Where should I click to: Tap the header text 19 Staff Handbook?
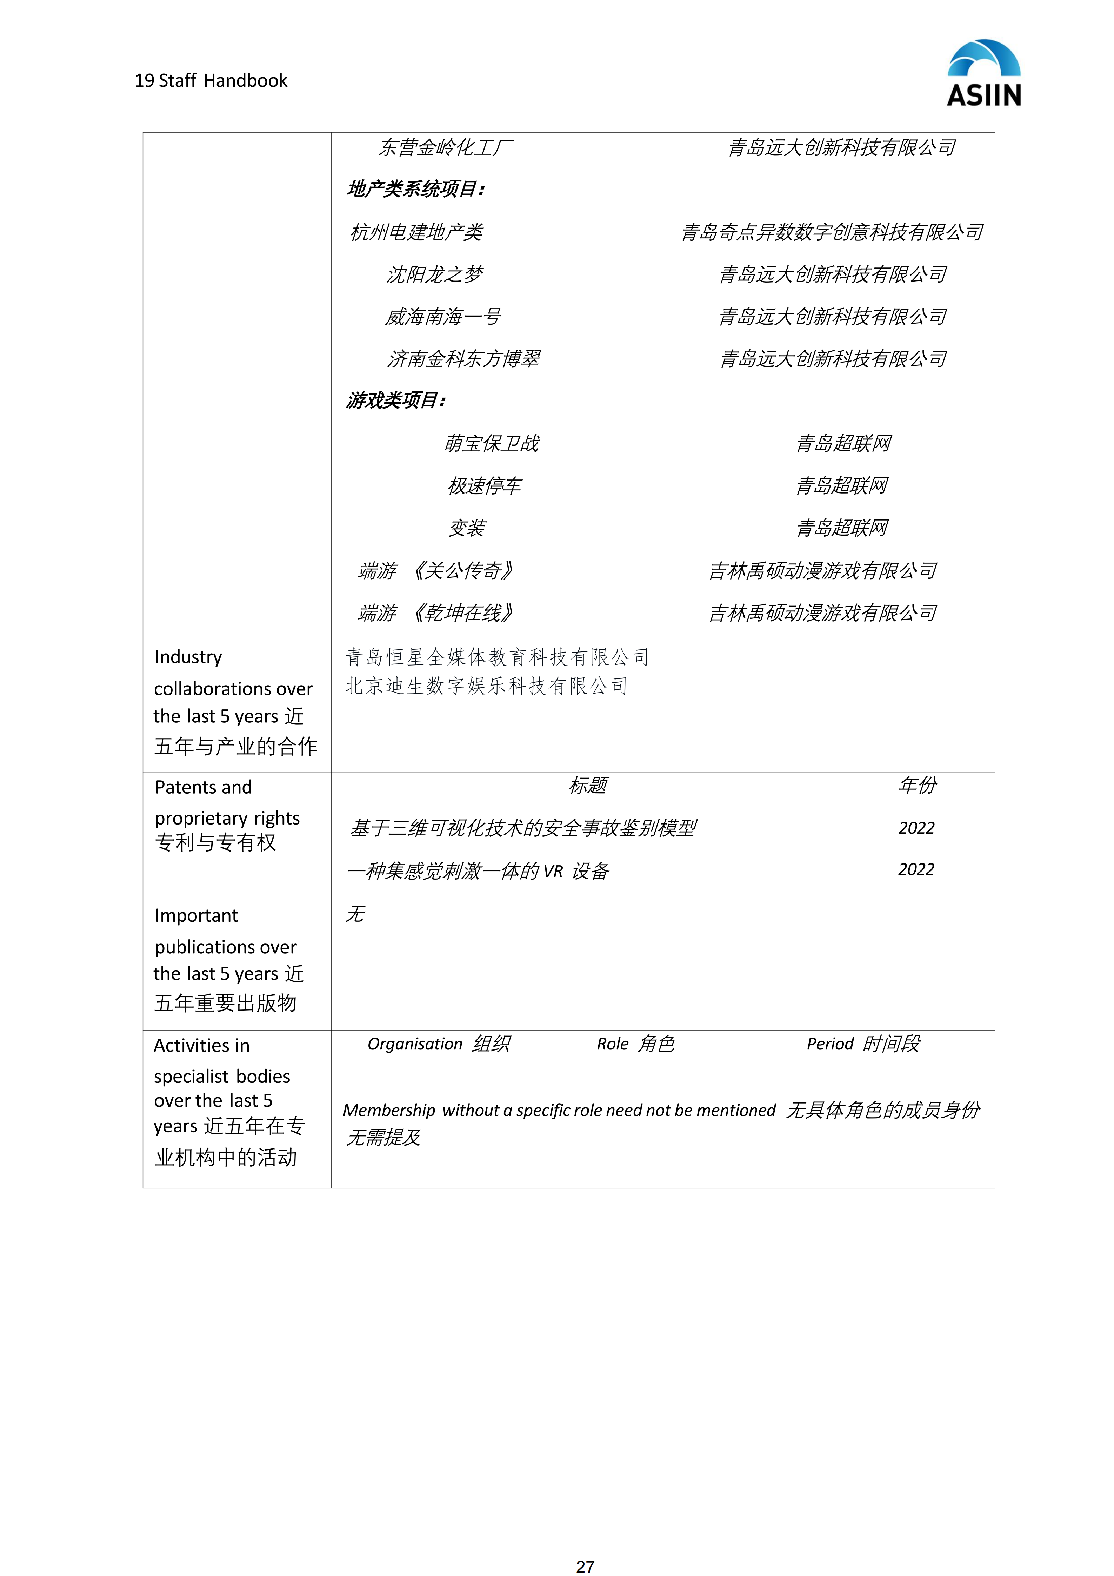(211, 81)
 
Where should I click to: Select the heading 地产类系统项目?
(416, 189)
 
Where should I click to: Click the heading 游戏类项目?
(396, 400)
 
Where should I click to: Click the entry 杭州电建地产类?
(416, 232)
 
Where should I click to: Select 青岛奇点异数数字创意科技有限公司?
(832, 232)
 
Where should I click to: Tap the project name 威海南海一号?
(442, 317)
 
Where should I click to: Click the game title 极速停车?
(484, 486)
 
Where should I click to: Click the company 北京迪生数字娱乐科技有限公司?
(486, 686)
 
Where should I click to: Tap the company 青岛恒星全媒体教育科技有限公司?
(496, 657)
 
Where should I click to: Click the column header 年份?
(917, 785)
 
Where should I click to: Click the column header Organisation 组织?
(438, 1044)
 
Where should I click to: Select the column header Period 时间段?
(863, 1044)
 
